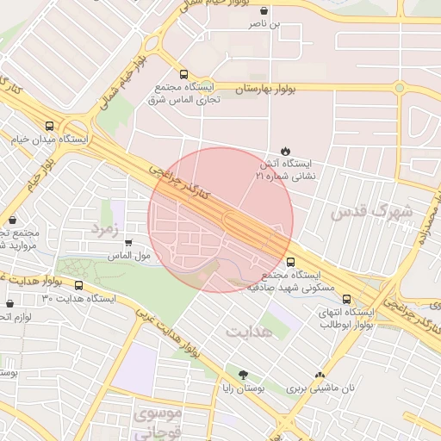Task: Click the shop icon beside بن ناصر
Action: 264,11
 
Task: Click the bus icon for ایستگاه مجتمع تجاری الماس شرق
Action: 183,74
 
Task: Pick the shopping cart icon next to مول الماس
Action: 129,243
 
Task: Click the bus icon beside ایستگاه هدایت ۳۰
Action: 79,285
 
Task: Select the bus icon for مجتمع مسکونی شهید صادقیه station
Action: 289,261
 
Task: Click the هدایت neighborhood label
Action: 249,330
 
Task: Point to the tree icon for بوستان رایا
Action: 243,375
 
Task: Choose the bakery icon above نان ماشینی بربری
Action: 320,375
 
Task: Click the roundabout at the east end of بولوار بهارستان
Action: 399,87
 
